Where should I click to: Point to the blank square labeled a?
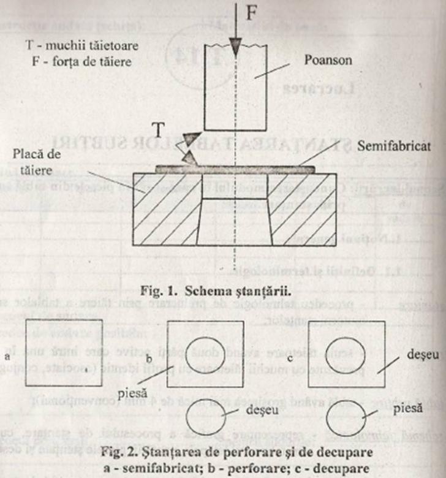click(x=64, y=353)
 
